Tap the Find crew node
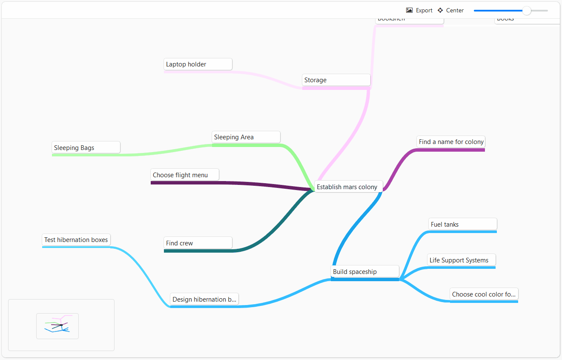(x=198, y=243)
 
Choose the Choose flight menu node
(x=185, y=175)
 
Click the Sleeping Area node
(x=246, y=137)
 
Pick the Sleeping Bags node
(x=86, y=147)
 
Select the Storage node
(x=336, y=80)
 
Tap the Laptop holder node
(x=198, y=64)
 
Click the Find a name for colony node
(x=451, y=141)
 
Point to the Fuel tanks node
(x=462, y=224)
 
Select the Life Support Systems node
(x=461, y=260)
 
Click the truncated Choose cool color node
(x=484, y=294)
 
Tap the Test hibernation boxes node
(x=76, y=239)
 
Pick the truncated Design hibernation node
(x=204, y=299)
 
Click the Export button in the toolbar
(x=424, y=10)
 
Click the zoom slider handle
(x=527, y=11)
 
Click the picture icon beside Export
(x=410, y=10)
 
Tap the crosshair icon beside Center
(x=440, y=10)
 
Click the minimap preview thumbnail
(x=57, y=326)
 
